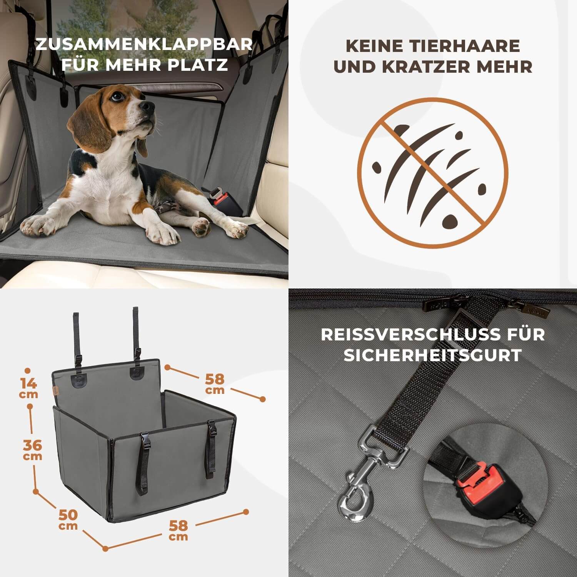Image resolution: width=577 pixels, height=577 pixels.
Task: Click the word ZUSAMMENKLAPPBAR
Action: [144, 44]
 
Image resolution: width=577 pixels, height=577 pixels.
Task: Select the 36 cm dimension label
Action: [32, 450]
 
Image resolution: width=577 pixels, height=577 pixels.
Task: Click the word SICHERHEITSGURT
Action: [433, 355]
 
